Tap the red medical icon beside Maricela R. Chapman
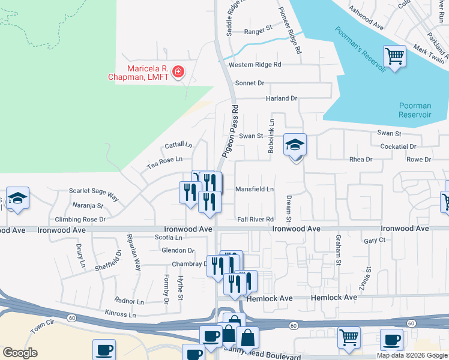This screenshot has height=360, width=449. coord(178,73)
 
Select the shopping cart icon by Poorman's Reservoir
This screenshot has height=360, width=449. coord(395,56)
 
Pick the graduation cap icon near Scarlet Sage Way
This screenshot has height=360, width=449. coord(18,199)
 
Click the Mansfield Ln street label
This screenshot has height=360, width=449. coord(255,189)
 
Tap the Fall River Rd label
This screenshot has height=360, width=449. coord(255,220)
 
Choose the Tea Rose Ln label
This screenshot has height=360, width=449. coord(165,160)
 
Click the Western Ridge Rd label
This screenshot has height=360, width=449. coord(255,64)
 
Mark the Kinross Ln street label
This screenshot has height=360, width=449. coord(120,314)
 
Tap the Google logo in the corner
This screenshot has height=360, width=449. coord(20,353)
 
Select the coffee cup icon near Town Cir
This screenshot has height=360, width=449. coord(104,349)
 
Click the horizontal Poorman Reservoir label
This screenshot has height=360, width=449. coord(415,110)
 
